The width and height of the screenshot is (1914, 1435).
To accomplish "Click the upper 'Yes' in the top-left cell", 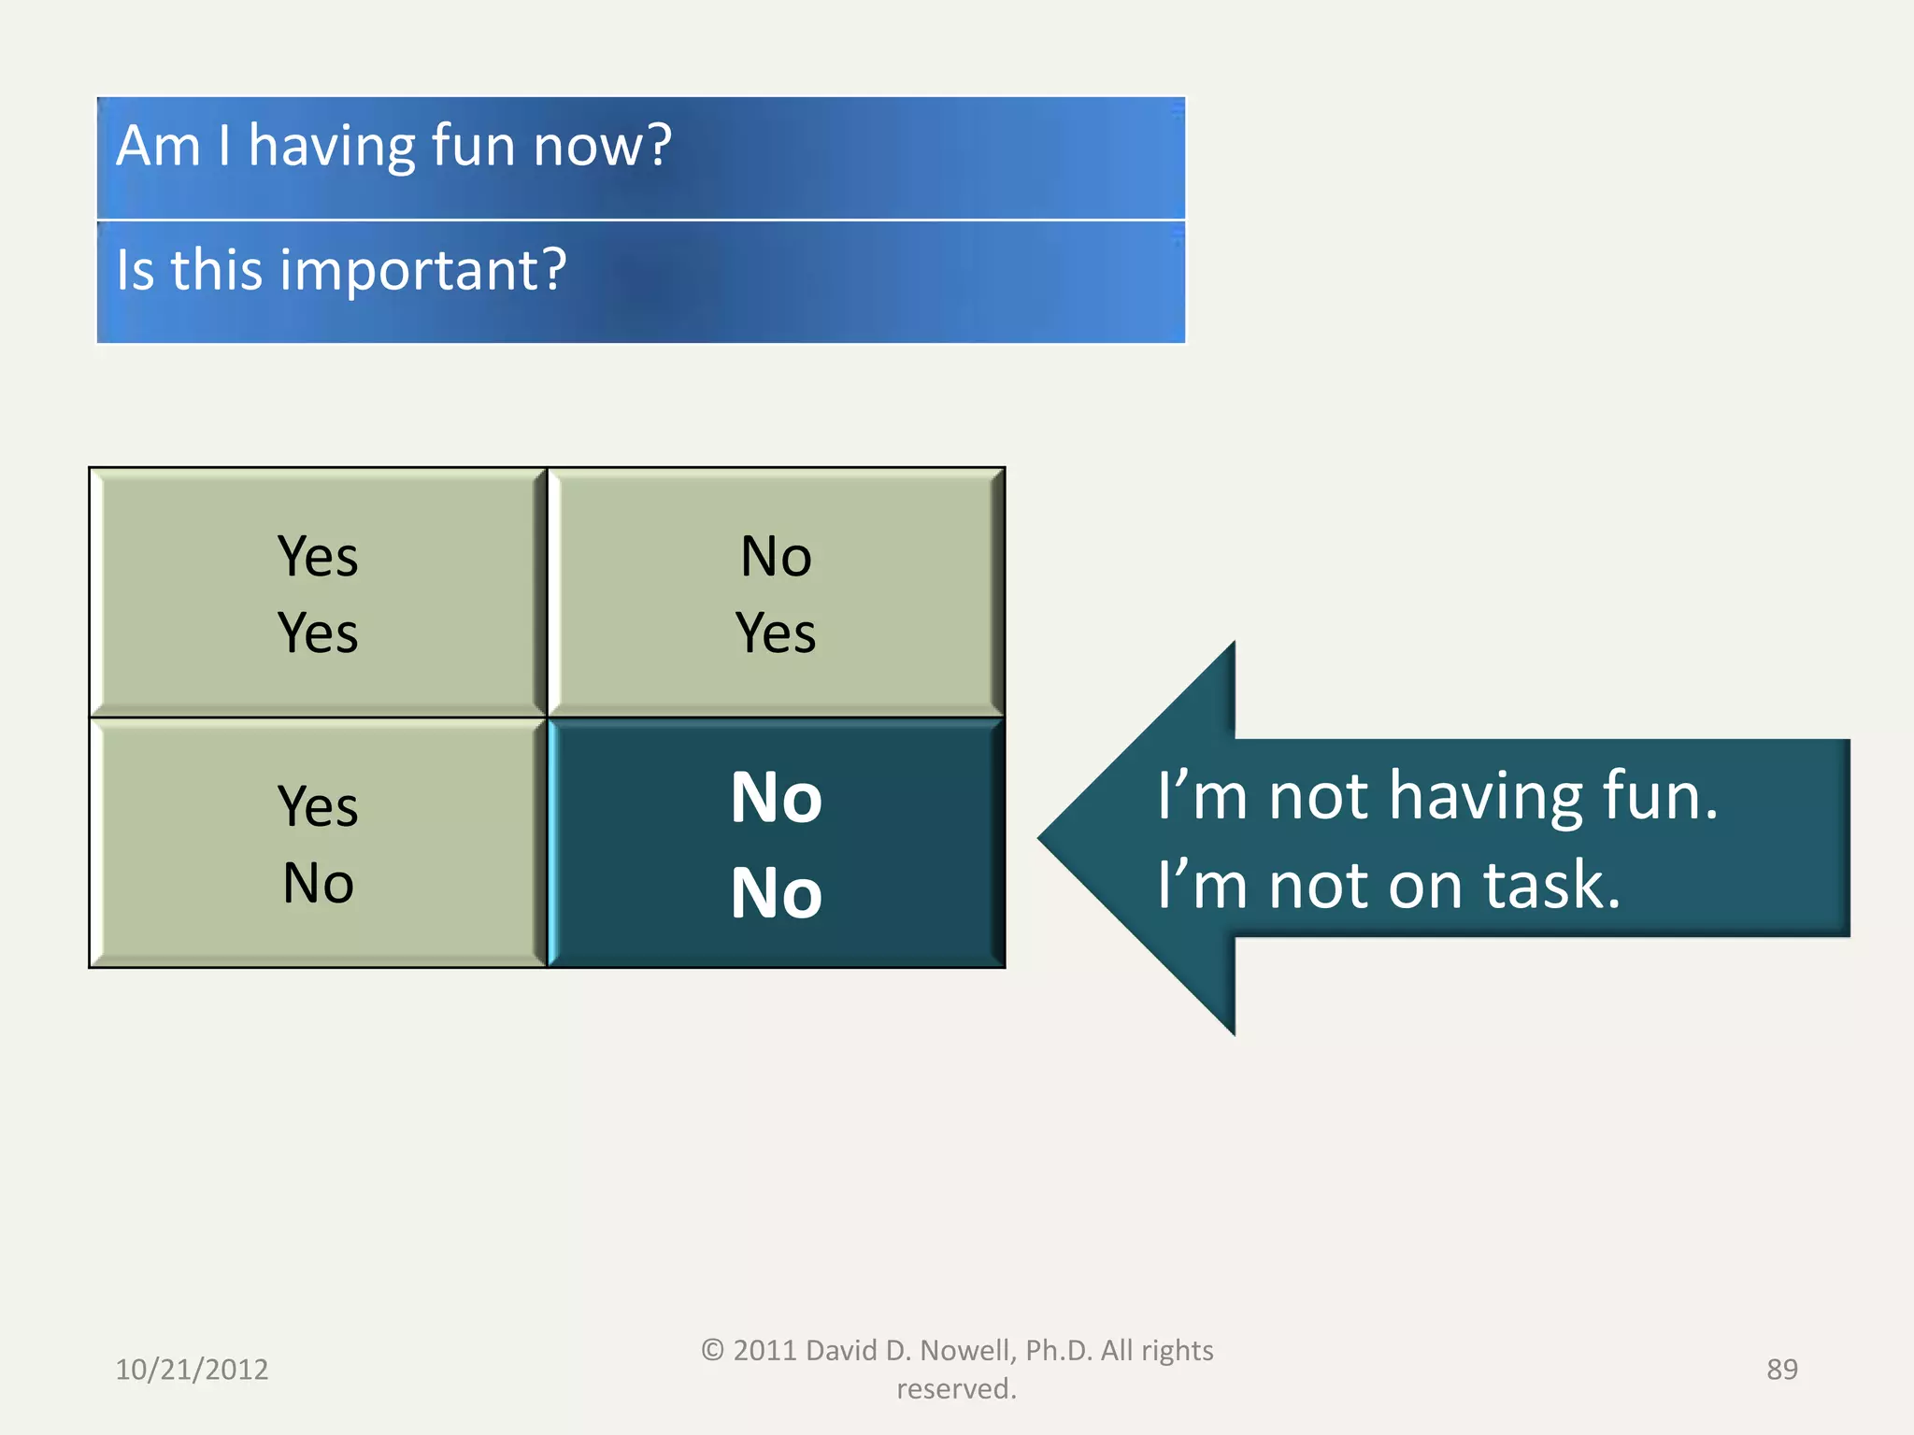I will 318,557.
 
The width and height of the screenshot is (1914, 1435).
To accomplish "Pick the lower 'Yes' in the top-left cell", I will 318,633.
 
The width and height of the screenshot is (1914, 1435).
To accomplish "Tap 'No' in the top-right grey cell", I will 776,557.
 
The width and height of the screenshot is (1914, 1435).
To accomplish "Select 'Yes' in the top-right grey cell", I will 776,633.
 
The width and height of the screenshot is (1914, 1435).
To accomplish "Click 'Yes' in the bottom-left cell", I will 318,806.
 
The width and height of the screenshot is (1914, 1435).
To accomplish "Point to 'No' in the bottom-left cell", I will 318,883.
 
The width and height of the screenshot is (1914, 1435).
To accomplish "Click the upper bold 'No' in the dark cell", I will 776,798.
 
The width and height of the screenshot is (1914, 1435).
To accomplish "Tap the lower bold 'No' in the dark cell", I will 776,893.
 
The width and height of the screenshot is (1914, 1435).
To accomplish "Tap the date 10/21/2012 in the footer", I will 192,1370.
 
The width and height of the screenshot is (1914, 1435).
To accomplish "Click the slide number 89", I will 1781,1370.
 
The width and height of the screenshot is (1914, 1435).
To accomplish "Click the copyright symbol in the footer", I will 712,1351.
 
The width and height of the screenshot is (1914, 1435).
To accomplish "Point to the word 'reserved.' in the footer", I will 956,1389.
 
